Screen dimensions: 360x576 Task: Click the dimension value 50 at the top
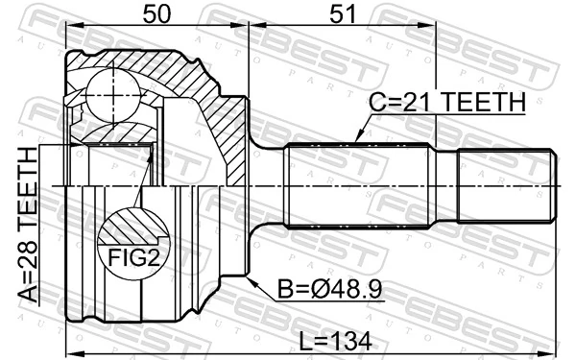click(160, 16)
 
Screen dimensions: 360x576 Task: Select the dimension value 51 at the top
click(337, 16)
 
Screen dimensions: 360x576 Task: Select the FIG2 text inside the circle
click(132, 258)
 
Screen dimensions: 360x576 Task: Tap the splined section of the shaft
click(357, 184)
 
